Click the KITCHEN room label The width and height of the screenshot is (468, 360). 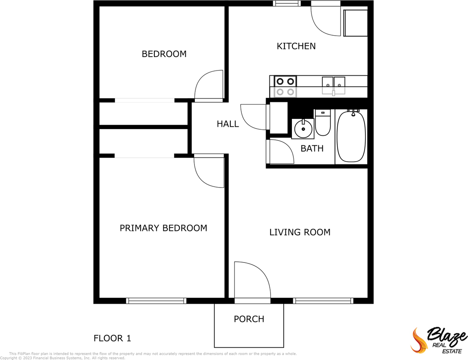click(x=296, y=46)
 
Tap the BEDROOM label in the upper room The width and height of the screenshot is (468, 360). click(x=164, y=54)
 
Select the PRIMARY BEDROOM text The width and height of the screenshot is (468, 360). click(x=163, y=228)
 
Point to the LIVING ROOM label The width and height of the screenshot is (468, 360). click(x=300, y=232)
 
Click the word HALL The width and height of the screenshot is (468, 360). click(x=228, y=124)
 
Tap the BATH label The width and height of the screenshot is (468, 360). click(x=312, y=148)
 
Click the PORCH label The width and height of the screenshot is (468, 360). click(x=249, y=319)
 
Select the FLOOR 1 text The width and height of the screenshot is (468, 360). click(x=112, y=338)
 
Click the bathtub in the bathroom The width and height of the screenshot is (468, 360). click(x=351, y=136)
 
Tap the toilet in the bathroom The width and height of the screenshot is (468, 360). click(x=323, y=123)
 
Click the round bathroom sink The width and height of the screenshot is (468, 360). click(x=303, y=129)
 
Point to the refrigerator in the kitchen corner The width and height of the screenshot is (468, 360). click(x=356, y=23)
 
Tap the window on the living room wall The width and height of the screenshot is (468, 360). click(x=323, y=301)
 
